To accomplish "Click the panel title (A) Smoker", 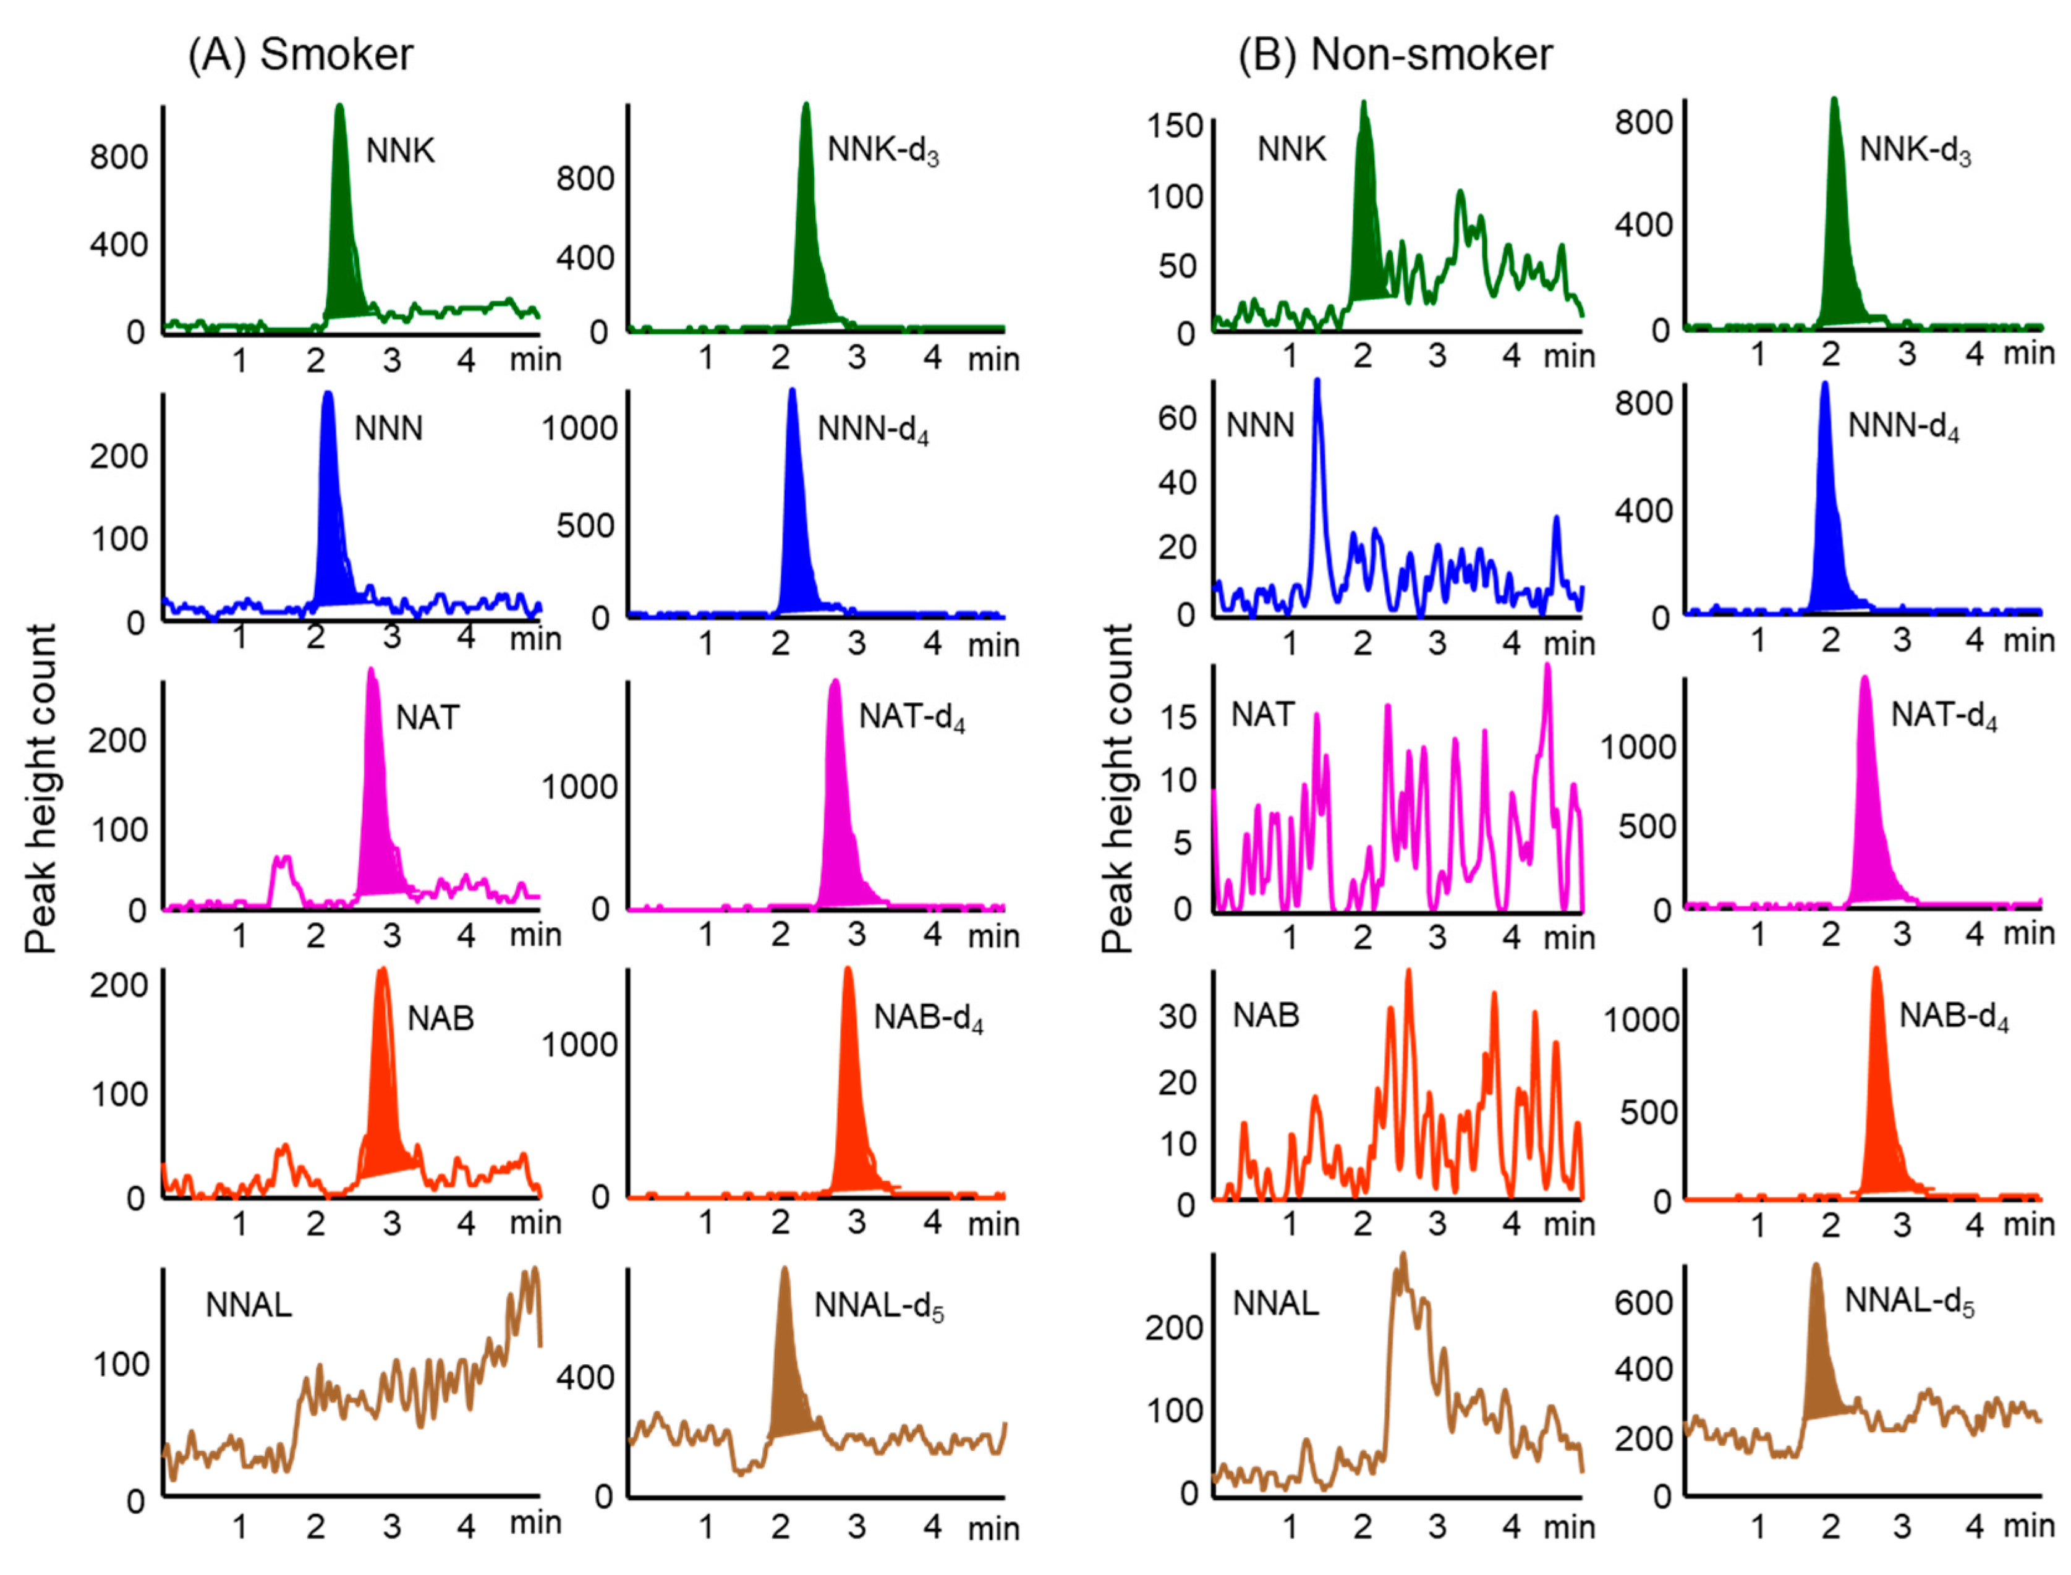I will (x=300, y=54).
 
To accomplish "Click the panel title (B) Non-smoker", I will (x=1395, y=54).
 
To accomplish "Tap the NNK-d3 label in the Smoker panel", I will (x=882, y=150).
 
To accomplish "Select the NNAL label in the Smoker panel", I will (x=249, y=1304).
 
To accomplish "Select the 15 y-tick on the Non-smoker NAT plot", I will (x=1178, y=718).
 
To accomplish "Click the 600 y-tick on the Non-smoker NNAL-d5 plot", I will (x=1643, y=1302).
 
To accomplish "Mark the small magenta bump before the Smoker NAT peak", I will (x=282, y=872).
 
